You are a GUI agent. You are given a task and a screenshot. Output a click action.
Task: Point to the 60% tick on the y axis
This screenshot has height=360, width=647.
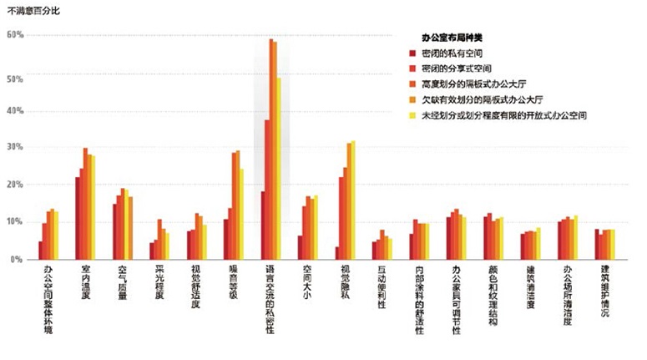(15, 35)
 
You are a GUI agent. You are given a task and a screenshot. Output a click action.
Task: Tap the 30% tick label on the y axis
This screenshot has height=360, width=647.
(15, 147)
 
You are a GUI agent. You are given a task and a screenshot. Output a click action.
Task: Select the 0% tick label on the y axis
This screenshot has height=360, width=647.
(18, 259)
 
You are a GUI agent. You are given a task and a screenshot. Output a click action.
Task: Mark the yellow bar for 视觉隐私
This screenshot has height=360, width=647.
(353, 200)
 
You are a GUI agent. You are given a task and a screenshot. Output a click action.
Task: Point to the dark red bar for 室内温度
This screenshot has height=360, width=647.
(78, 218)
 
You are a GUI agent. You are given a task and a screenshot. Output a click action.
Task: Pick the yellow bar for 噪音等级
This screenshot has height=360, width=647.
(242, 214)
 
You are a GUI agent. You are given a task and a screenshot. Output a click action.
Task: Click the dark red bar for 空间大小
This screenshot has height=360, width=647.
(300, 247)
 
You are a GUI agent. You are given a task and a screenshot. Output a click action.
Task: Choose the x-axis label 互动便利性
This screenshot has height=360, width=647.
(382, 287)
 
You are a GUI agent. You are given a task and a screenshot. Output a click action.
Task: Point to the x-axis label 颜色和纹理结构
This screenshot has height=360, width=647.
(493, 296)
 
